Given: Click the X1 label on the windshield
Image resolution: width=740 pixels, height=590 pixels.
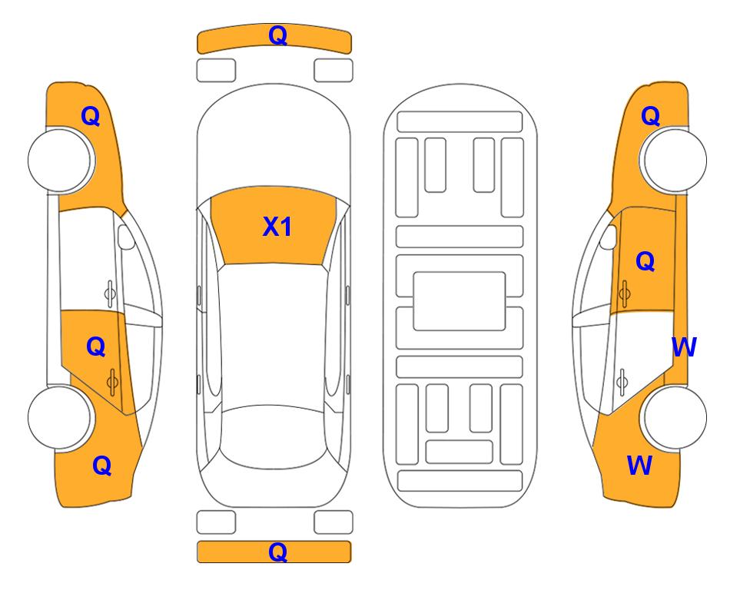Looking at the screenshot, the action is coord(277,227).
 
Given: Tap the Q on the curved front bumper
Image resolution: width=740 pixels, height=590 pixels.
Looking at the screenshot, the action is coord(277,35).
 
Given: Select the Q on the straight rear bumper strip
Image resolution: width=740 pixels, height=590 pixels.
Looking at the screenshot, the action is coord(277,552).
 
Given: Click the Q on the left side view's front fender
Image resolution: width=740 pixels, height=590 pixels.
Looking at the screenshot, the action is coord(91,116).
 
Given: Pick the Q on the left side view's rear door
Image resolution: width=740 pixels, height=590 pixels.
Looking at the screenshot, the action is coord(96,346).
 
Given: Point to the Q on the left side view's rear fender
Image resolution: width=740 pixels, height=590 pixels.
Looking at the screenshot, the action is coord(102,466).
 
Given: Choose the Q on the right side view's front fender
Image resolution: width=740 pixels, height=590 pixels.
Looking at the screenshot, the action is coord(650,116).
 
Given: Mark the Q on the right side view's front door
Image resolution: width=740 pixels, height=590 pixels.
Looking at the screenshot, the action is coord(645,261).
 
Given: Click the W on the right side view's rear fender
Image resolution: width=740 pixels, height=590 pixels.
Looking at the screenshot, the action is coord(639,466).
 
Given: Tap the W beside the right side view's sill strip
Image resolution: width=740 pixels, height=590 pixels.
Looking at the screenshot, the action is coord(684,347).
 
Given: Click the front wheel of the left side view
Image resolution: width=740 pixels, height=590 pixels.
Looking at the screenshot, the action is coord(60,161).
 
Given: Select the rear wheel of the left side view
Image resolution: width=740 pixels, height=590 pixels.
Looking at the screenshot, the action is coord(60,417).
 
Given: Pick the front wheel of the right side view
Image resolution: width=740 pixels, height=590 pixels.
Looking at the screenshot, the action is coord(673,160).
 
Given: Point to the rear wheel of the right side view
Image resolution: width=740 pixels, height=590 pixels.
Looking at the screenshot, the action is coord(673,417).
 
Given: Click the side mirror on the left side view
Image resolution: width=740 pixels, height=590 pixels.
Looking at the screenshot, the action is coord(126,237).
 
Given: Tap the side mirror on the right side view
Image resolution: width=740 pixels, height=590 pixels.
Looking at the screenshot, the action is coord(609,237).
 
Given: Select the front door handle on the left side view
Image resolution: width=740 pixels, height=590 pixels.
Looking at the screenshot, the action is coord(110,293).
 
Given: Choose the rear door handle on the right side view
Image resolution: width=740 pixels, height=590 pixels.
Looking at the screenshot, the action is coord(622,382).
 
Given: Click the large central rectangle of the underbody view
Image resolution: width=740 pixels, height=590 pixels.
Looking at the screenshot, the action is coord(460,301).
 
